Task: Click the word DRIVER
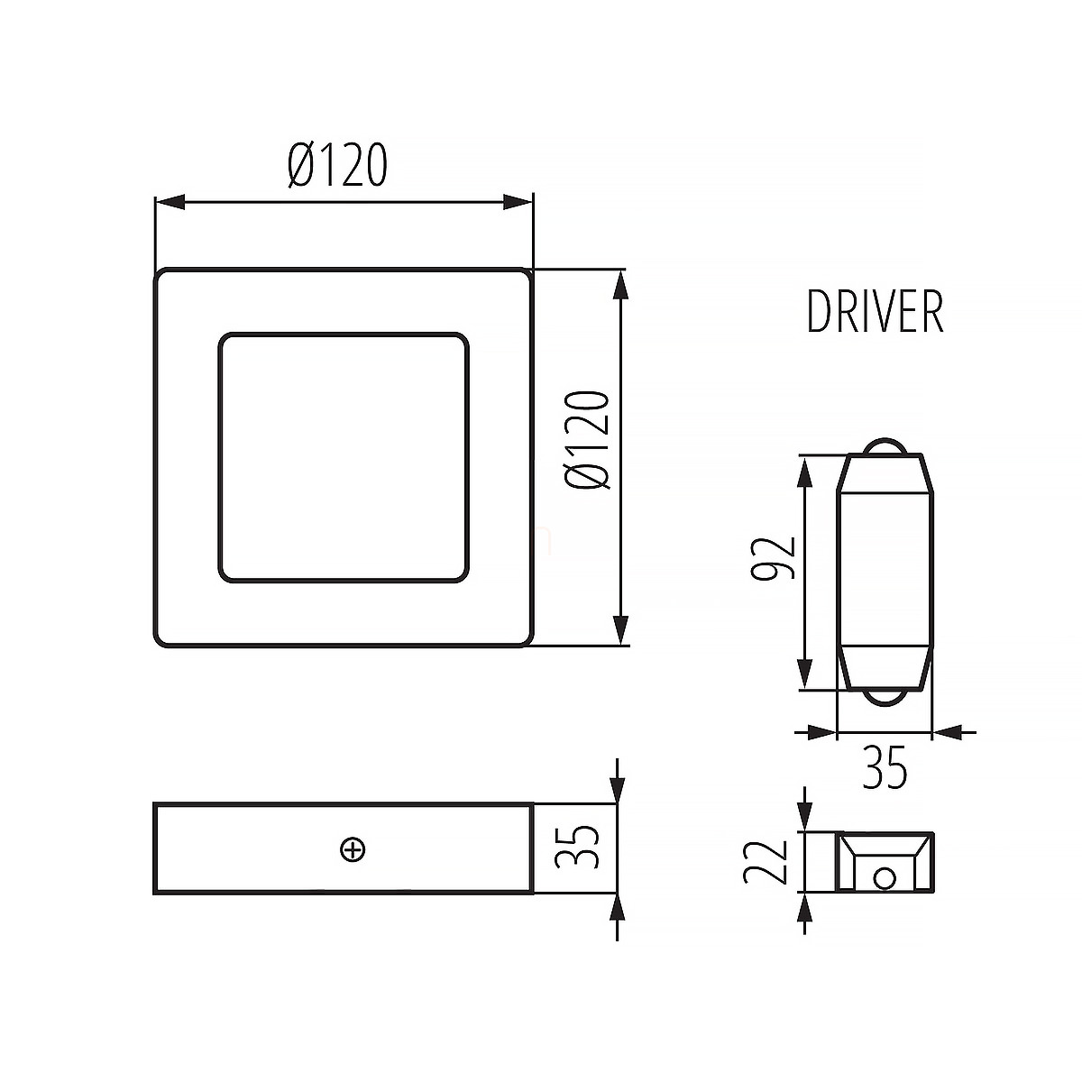(x=876, y=312)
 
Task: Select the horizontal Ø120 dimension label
(x=337, y=165)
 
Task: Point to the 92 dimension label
(x=774, y=558)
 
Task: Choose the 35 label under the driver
(x=885, y=767)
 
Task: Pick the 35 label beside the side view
(x=576, y=848)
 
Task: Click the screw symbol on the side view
(x=353, y=849)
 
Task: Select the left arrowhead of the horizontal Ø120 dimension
(x=170, y=202)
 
